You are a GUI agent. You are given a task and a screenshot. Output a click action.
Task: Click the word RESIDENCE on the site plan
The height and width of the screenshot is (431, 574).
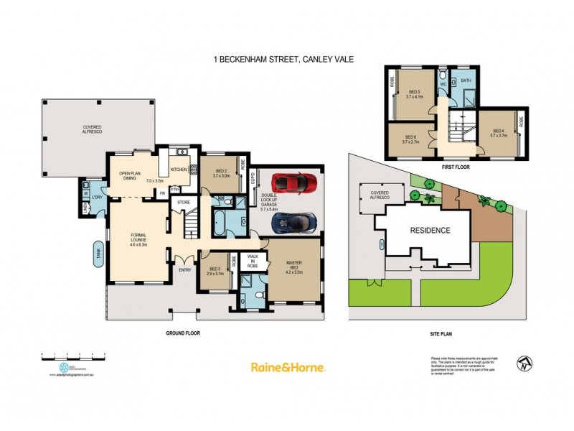click(430, 231)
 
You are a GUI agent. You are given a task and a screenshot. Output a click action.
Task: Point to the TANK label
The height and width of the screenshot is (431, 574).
click(98, 252)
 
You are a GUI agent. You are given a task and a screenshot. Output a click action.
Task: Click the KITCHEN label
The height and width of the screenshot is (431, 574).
click(178, 170)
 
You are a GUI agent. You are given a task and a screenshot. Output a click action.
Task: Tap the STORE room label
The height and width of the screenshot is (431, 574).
click(184, 203)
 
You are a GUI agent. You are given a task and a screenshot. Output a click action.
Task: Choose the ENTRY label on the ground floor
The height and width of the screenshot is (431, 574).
click(185, 270)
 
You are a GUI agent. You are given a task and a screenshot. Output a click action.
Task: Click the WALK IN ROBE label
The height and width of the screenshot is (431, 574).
click(253, 260)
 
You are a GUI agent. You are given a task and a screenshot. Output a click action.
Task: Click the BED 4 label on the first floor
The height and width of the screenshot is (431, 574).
click(498, 132)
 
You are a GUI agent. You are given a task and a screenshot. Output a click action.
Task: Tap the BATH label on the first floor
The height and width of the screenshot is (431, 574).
click(465, 80)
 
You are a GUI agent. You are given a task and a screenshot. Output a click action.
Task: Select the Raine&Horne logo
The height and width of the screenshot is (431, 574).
click(288, 367)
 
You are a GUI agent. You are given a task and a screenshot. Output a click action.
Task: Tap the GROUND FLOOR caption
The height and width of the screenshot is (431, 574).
click(182, 333)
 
